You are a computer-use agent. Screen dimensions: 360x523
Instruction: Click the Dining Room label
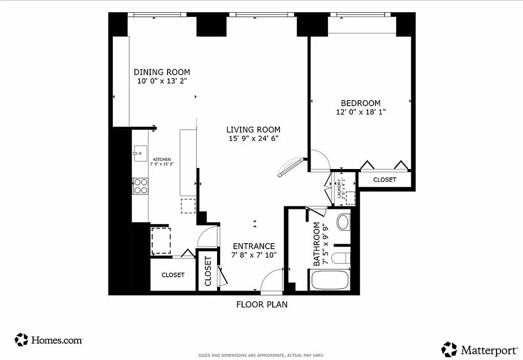coord(161,72)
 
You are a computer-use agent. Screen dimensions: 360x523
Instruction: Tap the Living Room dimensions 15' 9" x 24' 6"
coord(253,138)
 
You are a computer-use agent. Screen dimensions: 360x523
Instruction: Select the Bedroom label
coord(361,103)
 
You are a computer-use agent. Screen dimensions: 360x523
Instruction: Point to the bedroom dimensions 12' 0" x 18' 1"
coord(361,112)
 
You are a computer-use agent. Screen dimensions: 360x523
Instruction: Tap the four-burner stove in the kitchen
coord(140,186)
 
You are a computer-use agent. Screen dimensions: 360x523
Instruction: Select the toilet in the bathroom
coord(343,222)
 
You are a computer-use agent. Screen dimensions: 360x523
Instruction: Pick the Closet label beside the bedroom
coord(384,180)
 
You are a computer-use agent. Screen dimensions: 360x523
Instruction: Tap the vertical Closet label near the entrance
coord(208,272)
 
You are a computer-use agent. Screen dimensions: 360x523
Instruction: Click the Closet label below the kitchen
coord(173,275)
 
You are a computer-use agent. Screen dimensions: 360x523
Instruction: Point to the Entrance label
coord(254,246)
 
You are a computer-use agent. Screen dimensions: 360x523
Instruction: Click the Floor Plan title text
coord(261,305)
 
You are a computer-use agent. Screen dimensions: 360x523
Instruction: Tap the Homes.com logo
coord(49,340)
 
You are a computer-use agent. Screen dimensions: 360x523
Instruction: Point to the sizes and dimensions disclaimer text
coord(261,355)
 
